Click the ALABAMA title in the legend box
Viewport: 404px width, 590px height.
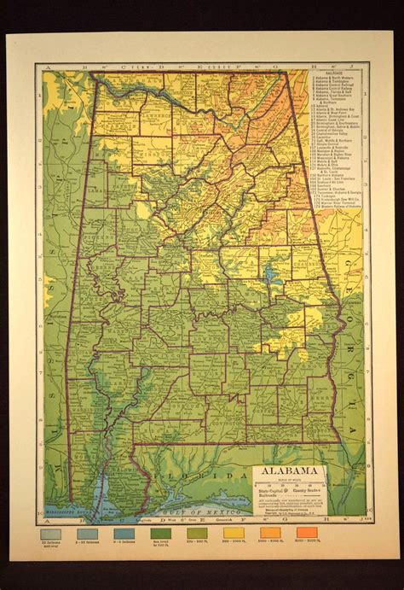coord(297,471)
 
